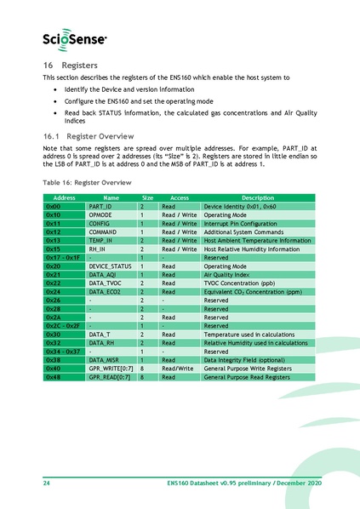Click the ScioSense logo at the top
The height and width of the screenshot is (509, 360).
point(75,38)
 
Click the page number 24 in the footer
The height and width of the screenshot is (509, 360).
point(47,483)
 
